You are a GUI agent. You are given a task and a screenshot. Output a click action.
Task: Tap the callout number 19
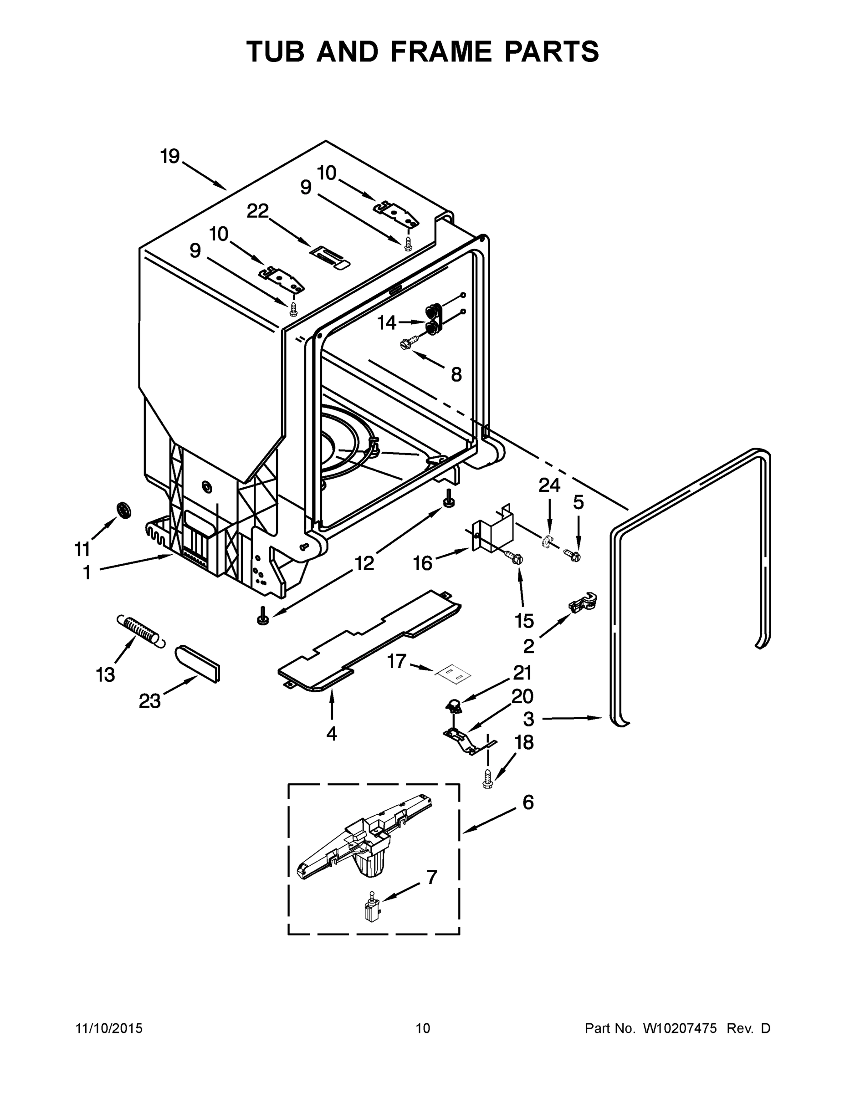(170, 157)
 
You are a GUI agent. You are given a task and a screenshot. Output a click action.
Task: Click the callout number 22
(258, 211)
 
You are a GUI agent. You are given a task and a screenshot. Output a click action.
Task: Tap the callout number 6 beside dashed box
(528, 802)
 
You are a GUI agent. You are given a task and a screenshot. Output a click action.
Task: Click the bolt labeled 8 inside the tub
(406, 344)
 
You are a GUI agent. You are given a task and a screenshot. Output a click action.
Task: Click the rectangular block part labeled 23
(198, 663)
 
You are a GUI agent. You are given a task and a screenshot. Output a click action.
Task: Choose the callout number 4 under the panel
(331, 734)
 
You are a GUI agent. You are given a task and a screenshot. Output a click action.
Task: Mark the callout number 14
(386, 323)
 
